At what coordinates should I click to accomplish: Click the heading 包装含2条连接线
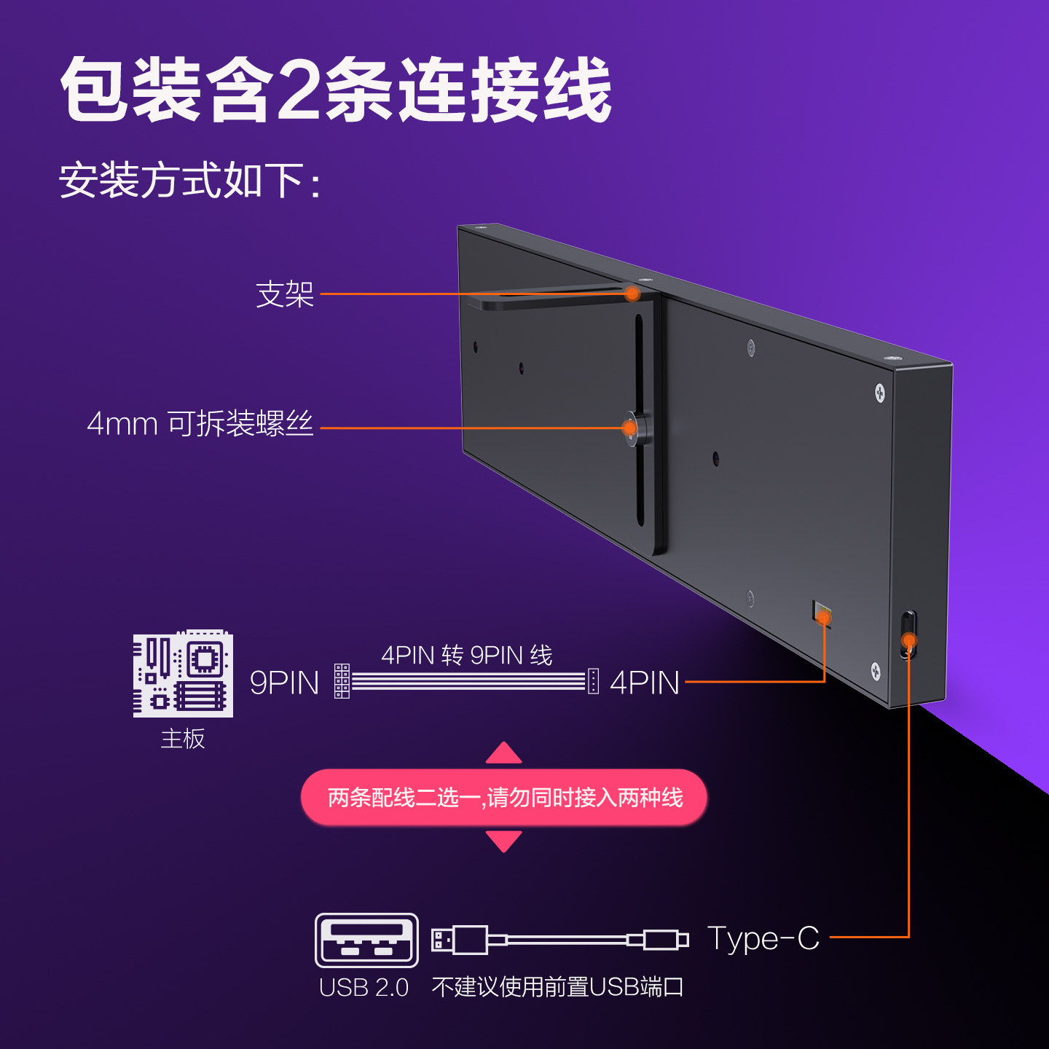pyautogui.click(x=335, y=90)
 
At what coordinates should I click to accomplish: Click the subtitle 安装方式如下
pyautogui.click(x=189, y=181)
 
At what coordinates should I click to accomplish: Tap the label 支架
pyautogui.click(x=285, y=294)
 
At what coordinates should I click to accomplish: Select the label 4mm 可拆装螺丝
pyautogui.click(x=200, y=424)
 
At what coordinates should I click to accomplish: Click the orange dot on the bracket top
pyautogui.click(x=632, y=294)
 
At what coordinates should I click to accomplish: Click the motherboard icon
pyautogui.click(x=183, y=675)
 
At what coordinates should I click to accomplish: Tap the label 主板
pyautogui.click(x=183, y=739)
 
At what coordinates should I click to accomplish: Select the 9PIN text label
pyautogui.click(x=284, y=683)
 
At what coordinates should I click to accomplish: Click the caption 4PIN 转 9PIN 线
pyautogui.click(x=467, y=656)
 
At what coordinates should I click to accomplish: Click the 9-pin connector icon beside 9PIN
pyautogui.click(x=342, y=681)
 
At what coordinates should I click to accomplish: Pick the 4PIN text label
pyautogui.click(x=645, y=683)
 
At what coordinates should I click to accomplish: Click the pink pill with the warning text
pyautogui.click(x=504, y=798)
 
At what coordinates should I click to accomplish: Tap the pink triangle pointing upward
pyautogui.click(x=504, y=754)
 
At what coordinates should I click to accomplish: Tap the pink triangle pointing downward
pyautogui.click(x=504, y=841)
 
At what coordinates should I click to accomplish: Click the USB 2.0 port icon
pyautogui.click(x=366, y=940)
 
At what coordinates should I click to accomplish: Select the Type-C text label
pyautogui.click(x=763, y=938)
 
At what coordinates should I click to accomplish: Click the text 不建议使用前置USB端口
pyautogui.click(x=557, y=988)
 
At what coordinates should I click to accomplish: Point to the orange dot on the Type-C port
pyautogui.click(x=909, y=641)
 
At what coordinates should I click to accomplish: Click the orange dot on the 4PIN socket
pyautogui.click(x=824, y=618)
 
